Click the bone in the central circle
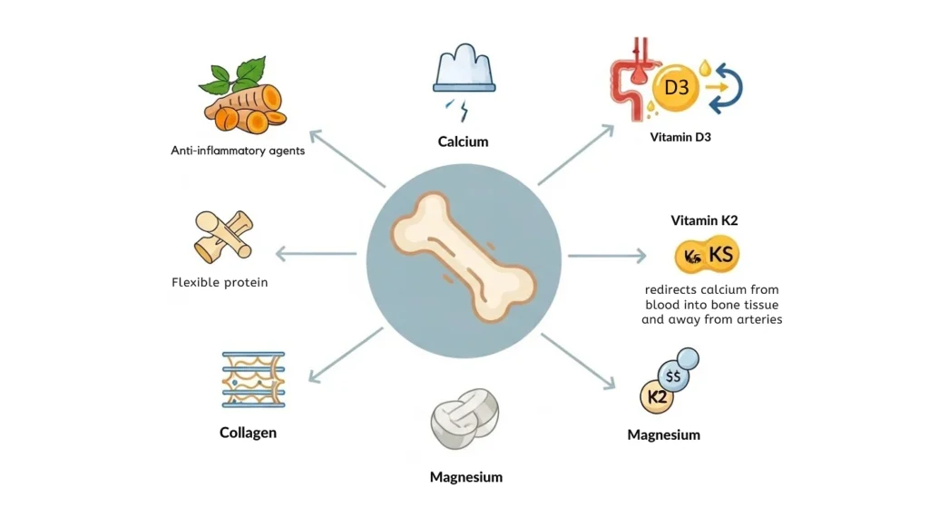click(464, 256)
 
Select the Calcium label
click(463, 141)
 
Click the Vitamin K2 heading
click(706, 220)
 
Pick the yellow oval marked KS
click(708, 257)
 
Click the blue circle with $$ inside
click(674, 375)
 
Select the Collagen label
click(248, 433)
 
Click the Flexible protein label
click(220, 282)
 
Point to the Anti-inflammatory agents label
click(238, 151)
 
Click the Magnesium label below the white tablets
click(465, 477)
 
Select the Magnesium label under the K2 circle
click(663, 435)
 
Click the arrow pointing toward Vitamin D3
click(577, 155)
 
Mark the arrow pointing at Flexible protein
click(315, 254)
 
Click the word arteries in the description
click(757, 320)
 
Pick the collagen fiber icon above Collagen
click(253, 379)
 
